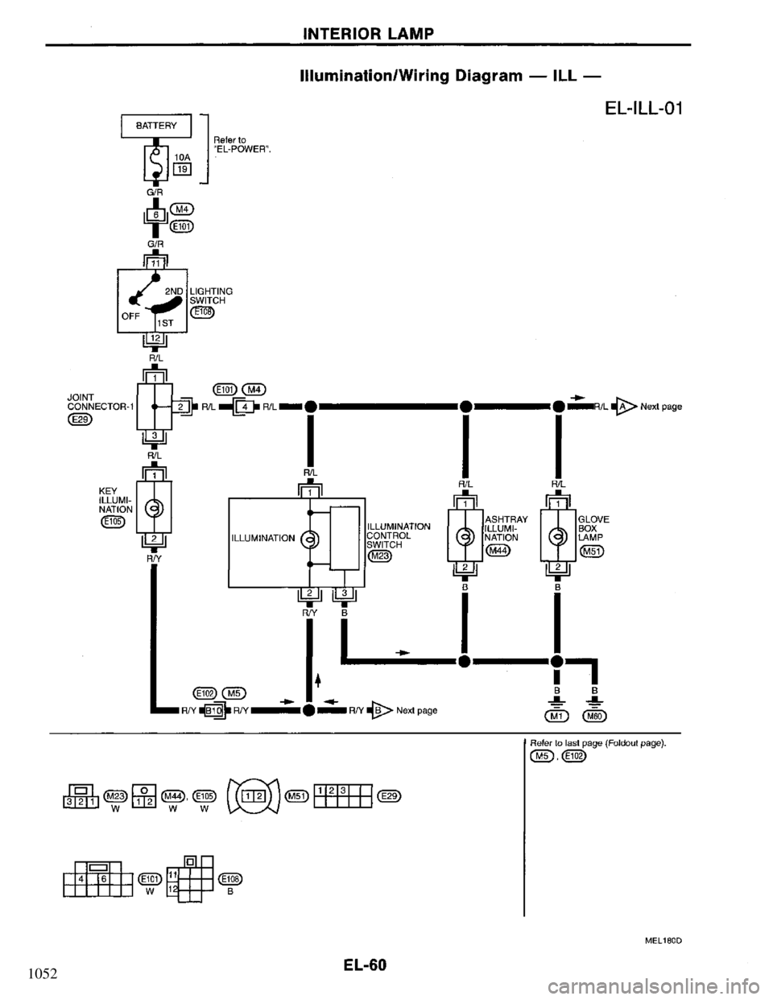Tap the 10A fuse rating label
pos(184,158)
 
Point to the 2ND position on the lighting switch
pos(172,292)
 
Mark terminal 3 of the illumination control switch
pos(344,593)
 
